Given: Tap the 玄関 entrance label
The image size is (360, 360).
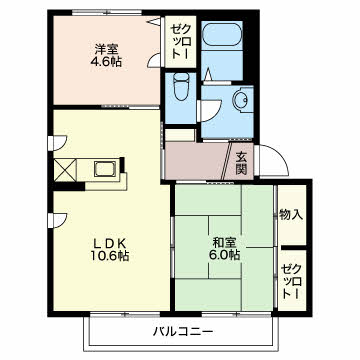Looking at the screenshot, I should pyautogui.click(x=243, y=162).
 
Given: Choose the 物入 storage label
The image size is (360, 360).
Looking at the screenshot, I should pyautogui.click(x=291, y=213).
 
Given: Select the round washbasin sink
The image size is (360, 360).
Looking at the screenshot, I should pyautogui.click(x=240, y=101).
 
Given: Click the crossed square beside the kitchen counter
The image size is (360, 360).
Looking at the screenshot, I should pyautogui.click(x=67, y=169).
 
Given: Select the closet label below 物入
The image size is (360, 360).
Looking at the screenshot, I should pyautogui.click(x=291, y=276).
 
